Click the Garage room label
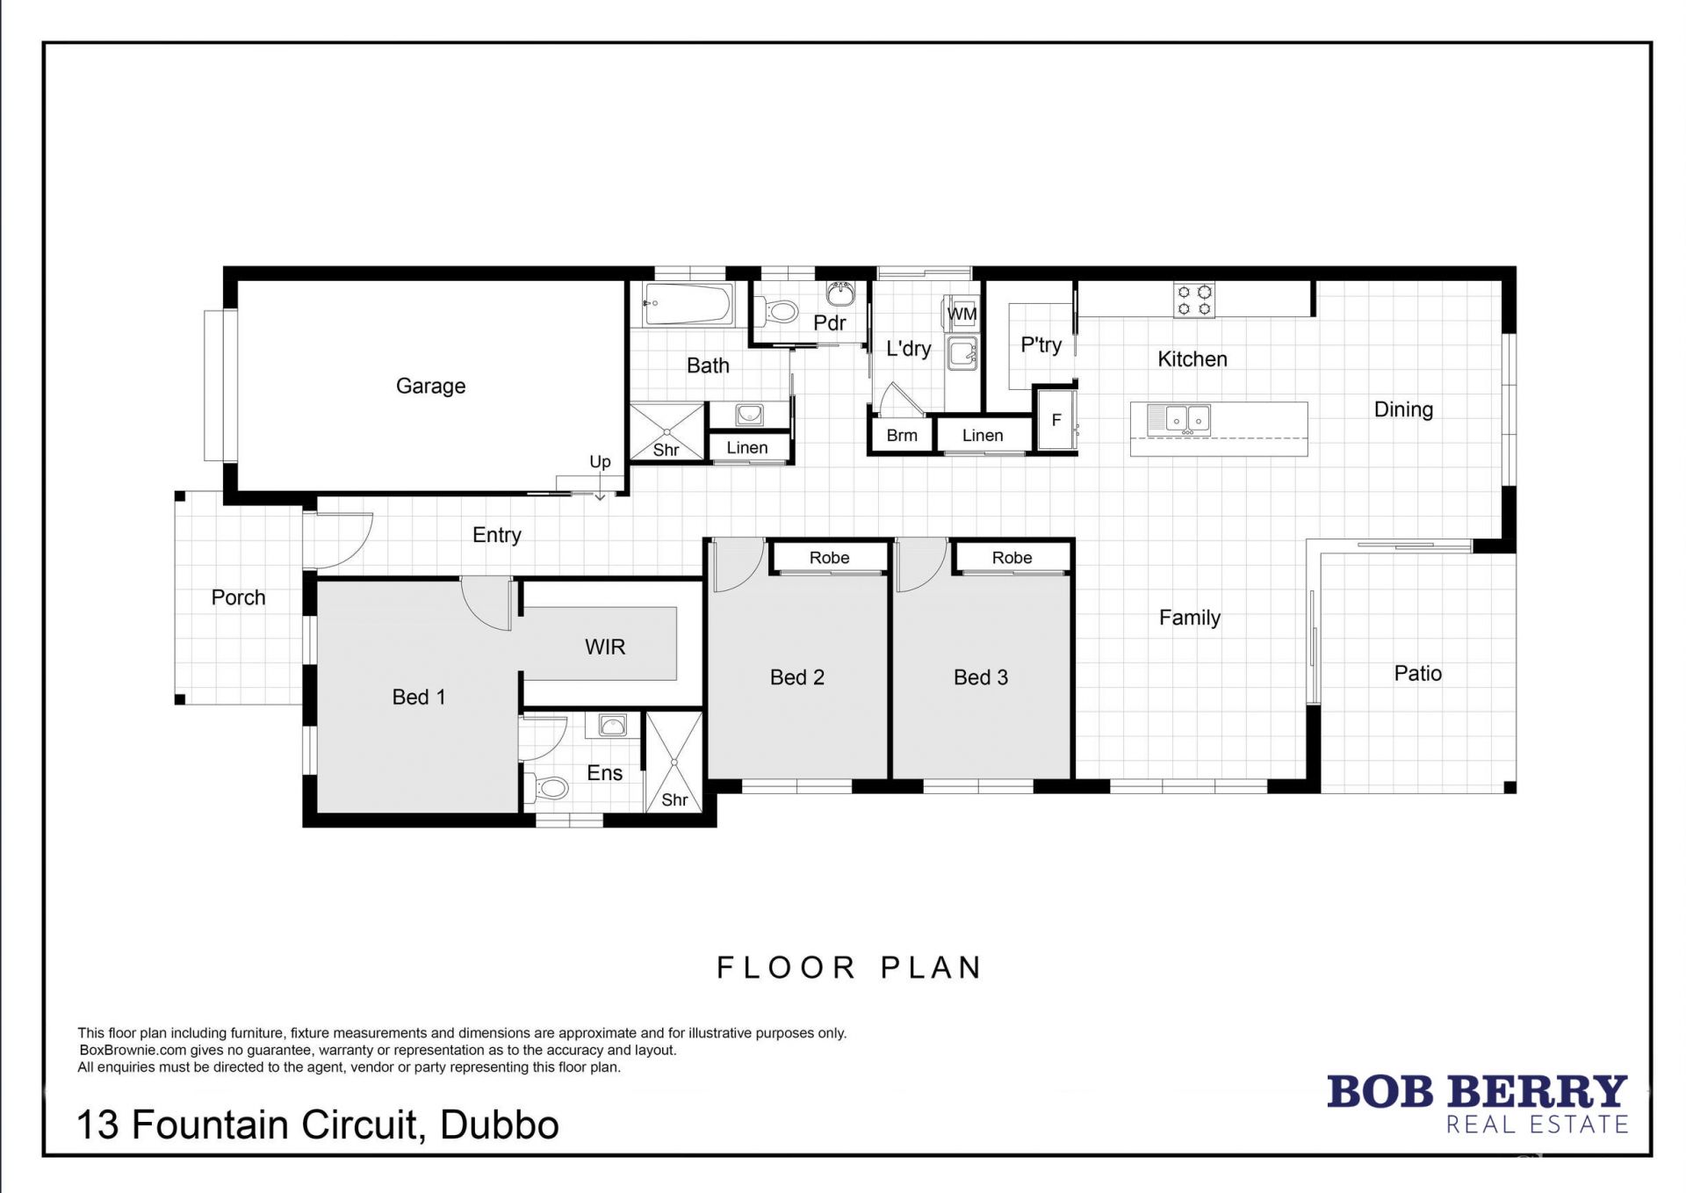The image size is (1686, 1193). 430,386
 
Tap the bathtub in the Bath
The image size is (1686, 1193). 688,304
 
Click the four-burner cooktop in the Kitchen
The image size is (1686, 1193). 1194,300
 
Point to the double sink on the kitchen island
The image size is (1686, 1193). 1187,419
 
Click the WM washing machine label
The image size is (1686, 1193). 962,314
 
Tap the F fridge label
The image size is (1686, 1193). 1056,420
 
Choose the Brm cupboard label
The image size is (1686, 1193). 902,435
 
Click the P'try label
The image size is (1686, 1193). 1041,344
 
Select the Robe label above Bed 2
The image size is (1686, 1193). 829,558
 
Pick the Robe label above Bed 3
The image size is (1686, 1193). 1012,558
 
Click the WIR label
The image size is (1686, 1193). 605,647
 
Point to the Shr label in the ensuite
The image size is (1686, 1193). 674,799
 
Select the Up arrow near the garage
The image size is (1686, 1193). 600,484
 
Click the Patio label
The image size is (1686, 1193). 1417,674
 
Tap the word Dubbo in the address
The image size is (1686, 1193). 499,1125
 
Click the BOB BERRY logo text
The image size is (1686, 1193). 1477,1092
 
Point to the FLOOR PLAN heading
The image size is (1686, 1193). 849,968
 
